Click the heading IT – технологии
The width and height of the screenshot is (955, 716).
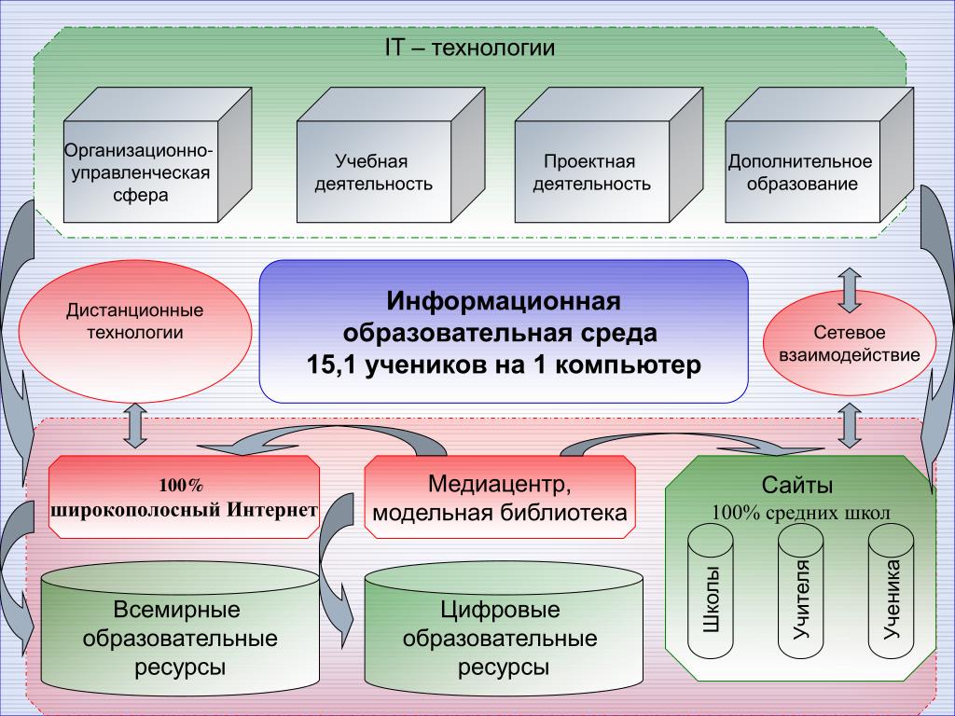[470, 48]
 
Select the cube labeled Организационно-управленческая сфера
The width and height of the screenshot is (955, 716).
[136, 172]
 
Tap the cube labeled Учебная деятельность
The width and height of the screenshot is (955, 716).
[373, 172]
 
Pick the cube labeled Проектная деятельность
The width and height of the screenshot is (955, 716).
[591, 172]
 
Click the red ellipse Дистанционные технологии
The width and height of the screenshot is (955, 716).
[135, 321]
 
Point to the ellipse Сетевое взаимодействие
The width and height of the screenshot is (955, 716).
[849, 344]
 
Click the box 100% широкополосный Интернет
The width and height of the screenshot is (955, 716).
[183, 498]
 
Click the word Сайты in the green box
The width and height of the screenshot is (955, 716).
[797, 485]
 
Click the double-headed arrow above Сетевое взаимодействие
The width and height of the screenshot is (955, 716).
[849, 289]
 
